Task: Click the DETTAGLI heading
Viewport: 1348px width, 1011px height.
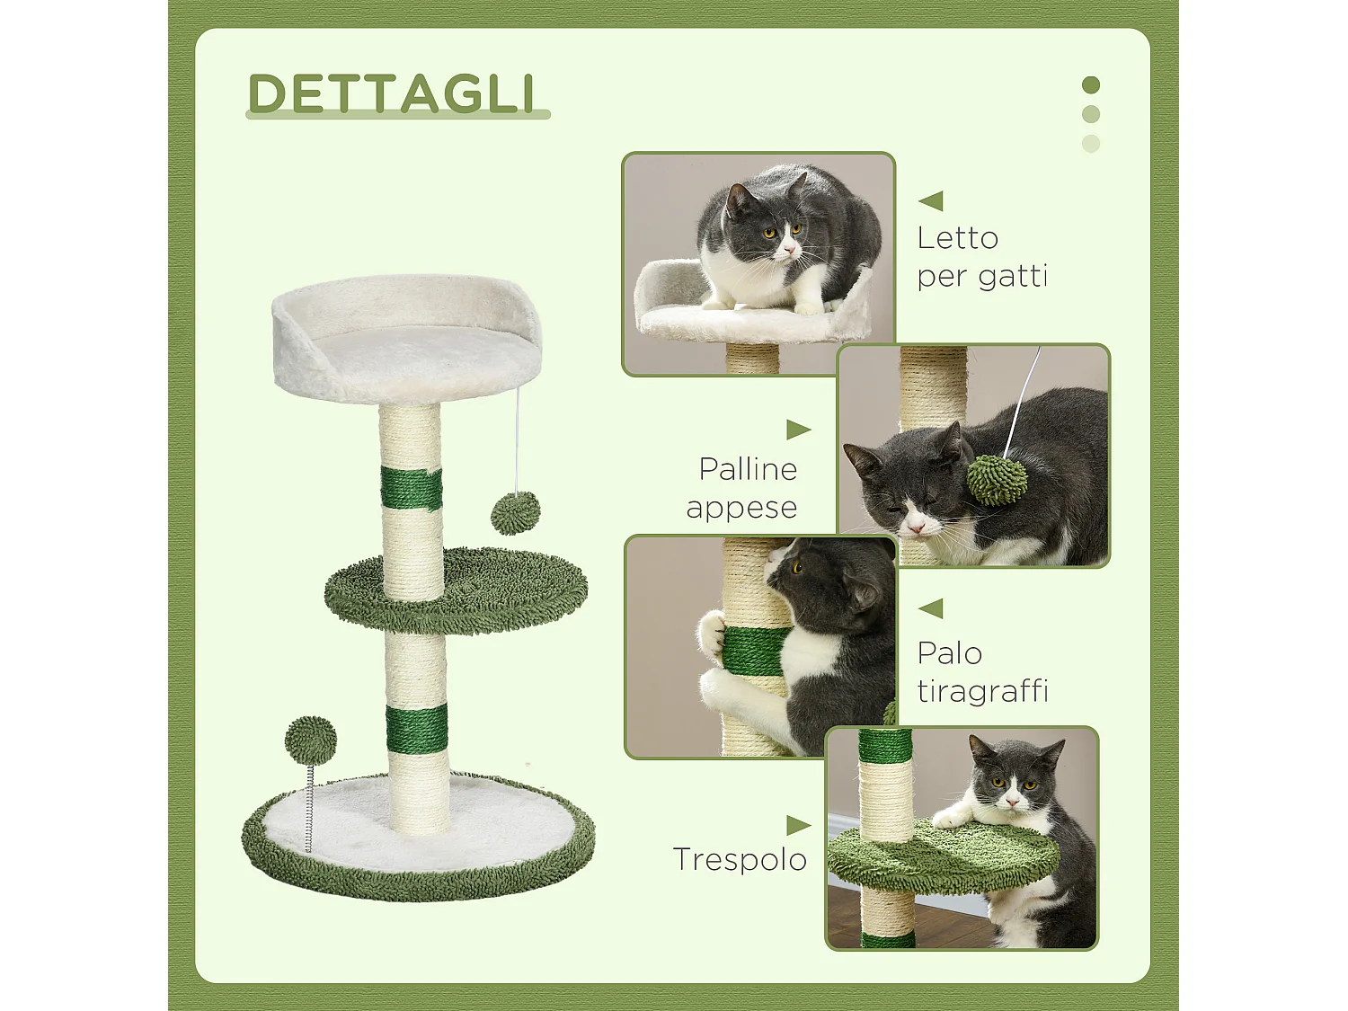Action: pyautogui.click(x=392, y=93)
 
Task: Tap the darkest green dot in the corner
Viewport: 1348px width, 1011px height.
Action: pyautogui.click(x=1091, y=85)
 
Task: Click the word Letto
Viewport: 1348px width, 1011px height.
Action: pyautogui.click(x=957, y=238)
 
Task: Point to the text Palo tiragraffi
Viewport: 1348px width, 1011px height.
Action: pyautogui.click(x=982, y=671)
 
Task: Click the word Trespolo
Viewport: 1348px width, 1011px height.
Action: pyautogui.click(x=740, y=859)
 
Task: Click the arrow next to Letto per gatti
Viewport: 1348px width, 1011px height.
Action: pyautogui.click(x=931, y=201)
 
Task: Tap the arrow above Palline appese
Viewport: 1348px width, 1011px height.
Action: pyautogui.click(x=798, y=430)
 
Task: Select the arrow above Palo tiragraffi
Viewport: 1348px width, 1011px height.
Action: pyautogui.click(x=931, y=608)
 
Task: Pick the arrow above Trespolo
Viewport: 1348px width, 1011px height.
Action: pyautogui.click(x=798, y=825)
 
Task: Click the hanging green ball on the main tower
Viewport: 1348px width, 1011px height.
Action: pyautogui.click(x=516, y=513)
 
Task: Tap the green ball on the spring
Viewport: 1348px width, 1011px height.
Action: pyautogui.click(x=311, y=740)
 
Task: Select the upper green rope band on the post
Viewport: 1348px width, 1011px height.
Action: pyautogui.click(x=411, y=488)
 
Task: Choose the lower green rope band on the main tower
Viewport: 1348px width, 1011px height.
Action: pyautogui.click(x=417, y=730)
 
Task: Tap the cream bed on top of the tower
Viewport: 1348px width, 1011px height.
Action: pyautogui.click(x=408, y=339)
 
